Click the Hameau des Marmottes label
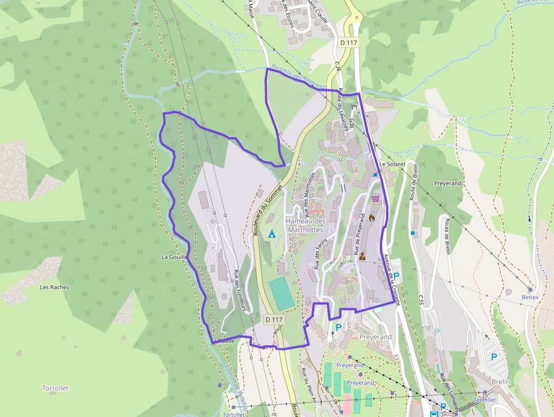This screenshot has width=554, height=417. pos(305,225)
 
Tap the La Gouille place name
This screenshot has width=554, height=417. pos(174,257)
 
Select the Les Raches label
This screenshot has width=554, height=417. pos(54,287)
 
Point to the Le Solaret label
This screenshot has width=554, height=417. pos(393,164)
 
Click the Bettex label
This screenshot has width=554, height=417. pos(530,296)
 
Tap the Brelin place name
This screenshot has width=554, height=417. pos(500,382)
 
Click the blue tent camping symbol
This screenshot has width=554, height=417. pos(271,233)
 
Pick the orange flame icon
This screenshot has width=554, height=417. pos(372,217)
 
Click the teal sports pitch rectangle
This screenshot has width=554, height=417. pos(282,293)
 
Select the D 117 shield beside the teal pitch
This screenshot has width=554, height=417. pos(274,320)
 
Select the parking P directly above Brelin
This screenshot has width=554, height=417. pos(494,357)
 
